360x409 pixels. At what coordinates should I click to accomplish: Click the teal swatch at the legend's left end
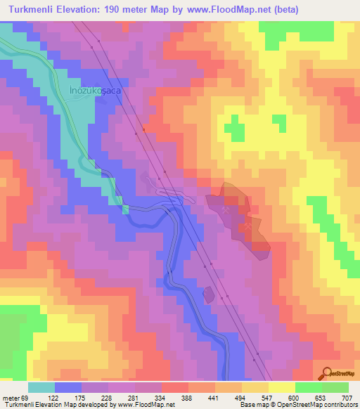tap(41, 387)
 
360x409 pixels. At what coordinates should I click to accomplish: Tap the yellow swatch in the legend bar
tap(281, 387)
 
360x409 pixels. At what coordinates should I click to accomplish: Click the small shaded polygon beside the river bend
tap(209, 294)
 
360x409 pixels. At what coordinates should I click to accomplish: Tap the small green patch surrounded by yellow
tap(234, 126)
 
